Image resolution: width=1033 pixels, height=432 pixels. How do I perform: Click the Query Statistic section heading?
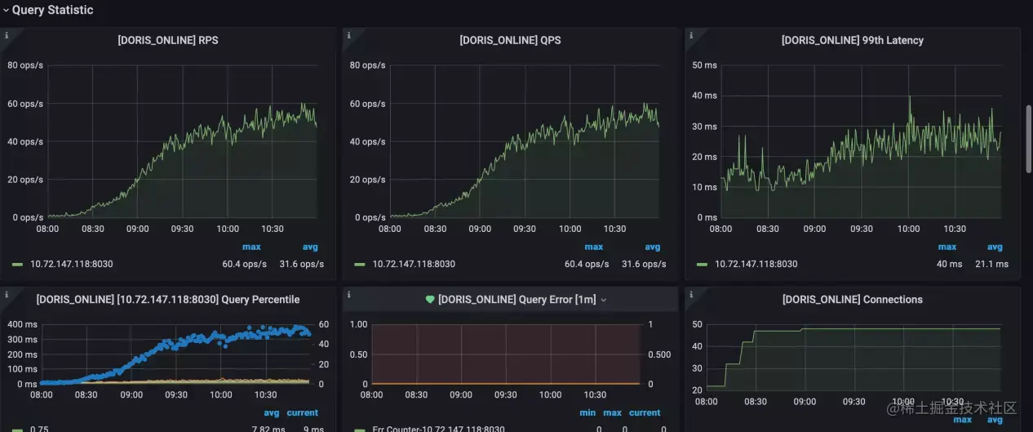coord(52,11)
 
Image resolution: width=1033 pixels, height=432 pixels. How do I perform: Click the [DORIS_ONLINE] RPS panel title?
coord(168,40)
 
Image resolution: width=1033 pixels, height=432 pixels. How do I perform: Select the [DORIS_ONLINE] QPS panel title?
coord(510,40)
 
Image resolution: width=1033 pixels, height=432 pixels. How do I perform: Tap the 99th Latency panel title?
coord(852,40)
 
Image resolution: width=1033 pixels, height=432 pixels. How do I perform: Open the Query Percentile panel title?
coord(168,300)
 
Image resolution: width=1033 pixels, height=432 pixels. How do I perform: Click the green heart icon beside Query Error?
coord(430,300)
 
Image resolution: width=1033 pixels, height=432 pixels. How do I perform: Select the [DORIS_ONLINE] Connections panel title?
coord(852,300)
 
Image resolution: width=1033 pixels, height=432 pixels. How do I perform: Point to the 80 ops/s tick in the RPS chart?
coord(25,65)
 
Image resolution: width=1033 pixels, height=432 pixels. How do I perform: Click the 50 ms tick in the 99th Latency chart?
coord(704,65)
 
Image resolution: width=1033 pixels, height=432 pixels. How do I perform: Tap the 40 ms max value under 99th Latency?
coord(948,264)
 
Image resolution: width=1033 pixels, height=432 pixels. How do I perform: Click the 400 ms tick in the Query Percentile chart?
coord(21,325)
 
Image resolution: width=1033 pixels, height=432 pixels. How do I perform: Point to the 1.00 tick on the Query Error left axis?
coord(357,325)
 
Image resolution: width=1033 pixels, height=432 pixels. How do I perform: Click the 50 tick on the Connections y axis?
coord(698,325)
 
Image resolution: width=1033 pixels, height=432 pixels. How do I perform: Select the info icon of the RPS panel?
coord(7,36)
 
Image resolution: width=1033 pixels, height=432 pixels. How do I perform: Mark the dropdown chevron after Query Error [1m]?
coord(604,301)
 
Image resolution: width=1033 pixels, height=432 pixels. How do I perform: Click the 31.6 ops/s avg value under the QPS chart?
coord(644,264)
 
